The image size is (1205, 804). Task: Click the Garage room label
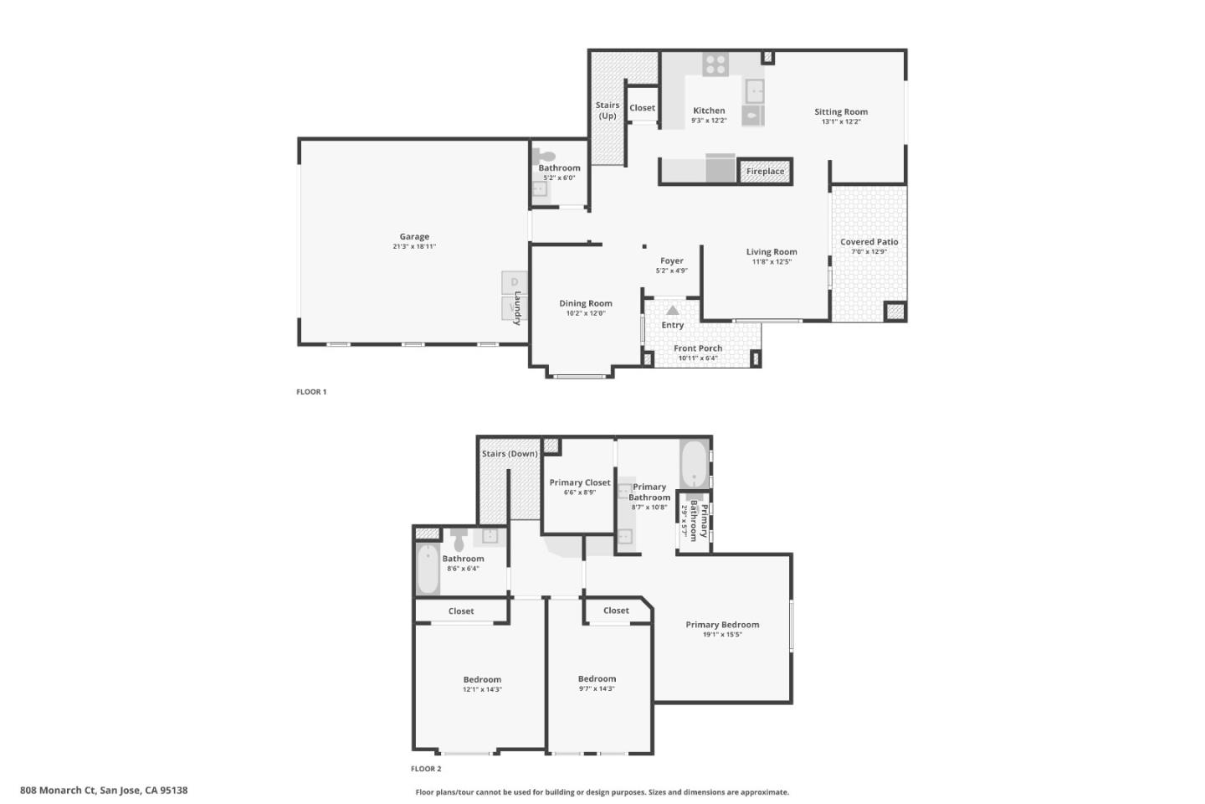coord(414,237)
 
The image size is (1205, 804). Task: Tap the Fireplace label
coord(765,172)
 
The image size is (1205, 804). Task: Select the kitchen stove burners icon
coord(715,64)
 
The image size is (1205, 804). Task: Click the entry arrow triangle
coord(673,310)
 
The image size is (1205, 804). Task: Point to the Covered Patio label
coord(869,242)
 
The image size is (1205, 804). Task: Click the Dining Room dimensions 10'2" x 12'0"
coord(585,313)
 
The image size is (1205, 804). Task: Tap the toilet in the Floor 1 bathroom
coord(545,156)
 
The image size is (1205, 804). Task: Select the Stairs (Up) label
coord(608,111)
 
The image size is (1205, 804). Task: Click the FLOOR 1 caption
coord(311,392)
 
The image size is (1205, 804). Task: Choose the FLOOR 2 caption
coord(426,769)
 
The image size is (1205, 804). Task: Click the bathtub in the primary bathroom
coord(695,464)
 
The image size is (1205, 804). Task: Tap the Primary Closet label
coord(580,482)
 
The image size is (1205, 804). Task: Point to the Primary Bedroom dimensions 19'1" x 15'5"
coord(722,635)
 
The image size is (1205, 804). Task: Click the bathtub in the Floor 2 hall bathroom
coord(428,569)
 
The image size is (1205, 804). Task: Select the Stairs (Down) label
coord(510,454)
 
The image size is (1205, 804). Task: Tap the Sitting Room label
coord(841,112)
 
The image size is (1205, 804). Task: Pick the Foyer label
coord(671,261)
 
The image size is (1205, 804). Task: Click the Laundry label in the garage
coord(517,307)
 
